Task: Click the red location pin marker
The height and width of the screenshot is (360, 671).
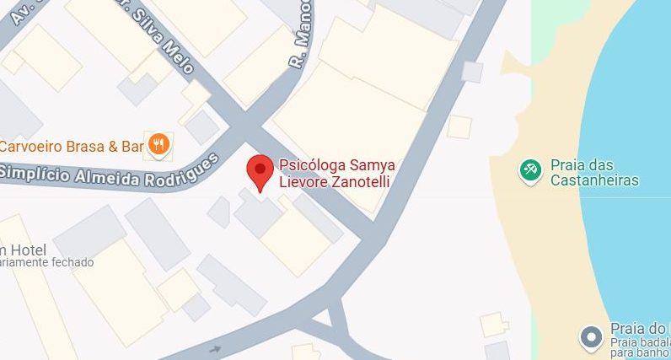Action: (x=260, y=172)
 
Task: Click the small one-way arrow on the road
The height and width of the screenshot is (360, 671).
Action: (x=216, y=348)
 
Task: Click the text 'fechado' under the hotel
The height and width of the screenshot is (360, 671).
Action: (x=73, y=262)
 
